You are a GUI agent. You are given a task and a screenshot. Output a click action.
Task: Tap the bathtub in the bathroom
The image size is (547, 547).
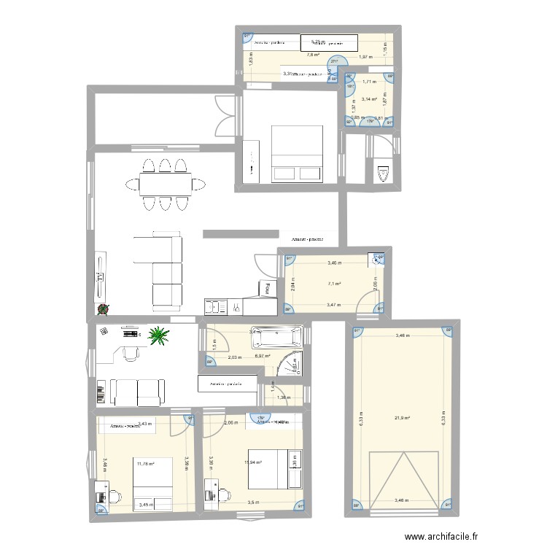pyautogui.click(x=276, y=338)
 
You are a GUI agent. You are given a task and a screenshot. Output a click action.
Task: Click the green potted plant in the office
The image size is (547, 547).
pyautogui.click(x=158, y=335)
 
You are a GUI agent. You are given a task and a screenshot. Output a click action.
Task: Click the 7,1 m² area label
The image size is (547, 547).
pyautogui.click(x=335, y=284)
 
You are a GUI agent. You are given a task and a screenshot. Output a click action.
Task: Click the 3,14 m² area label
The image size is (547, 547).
pyautogui.click(x=370, y=98)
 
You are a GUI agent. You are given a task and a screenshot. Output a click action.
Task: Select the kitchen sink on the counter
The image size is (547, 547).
pyautogui.click(x=217, y=306)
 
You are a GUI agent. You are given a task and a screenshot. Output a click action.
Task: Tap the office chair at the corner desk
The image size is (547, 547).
pyautogui.click(x=131, y=354)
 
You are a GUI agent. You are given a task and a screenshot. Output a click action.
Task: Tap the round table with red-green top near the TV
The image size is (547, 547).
pyautogui.click(x=103, y=310)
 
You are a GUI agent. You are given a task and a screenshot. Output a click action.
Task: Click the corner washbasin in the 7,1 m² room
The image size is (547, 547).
pyautogui.click(x=379, y=257)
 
